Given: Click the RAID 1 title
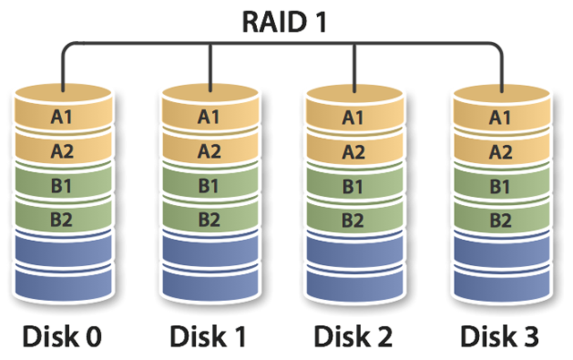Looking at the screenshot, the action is pos(285,21).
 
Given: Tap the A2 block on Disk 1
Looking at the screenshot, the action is pos(210,148).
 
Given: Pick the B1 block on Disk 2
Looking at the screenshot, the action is pos(355,183).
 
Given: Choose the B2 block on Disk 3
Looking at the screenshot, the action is pos(501,218).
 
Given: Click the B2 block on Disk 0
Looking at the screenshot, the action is pos(63,217).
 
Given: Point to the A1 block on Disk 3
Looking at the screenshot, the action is pos(501,109).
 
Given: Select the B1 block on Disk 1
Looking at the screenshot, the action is pos(210,182).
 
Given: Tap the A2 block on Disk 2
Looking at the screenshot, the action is pos(355,149).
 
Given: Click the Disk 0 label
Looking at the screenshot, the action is pos(62,336).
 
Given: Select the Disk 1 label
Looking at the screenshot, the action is pos(208,336).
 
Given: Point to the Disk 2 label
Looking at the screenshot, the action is pos(353,336).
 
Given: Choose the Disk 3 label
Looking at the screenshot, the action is pos(500,336).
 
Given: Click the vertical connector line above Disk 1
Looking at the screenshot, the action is pos(210,68).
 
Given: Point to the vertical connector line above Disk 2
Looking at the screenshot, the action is pos(355,68).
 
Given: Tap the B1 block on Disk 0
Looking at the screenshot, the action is pos(63,182).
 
